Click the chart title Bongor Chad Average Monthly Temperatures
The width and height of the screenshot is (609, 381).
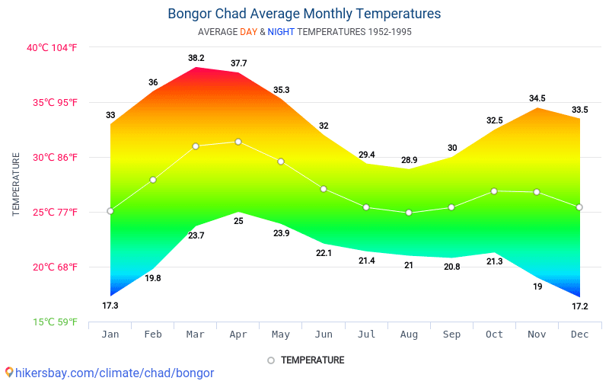tap(304, 14)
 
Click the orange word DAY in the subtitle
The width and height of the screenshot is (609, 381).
tap(248, 32)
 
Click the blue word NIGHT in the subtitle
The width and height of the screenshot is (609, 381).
tap(281, 32)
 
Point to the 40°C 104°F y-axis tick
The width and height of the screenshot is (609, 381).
tap(52, 47)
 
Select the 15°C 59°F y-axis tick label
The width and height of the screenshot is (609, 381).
tap(54, 322)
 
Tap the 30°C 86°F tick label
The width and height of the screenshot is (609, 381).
tap(52, 157)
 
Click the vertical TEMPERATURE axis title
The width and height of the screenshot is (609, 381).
tap(16, 184)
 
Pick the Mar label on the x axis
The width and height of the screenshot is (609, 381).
tap(196, 334)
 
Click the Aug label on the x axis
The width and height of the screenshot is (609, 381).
tap(409, 334)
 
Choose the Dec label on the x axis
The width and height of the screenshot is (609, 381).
tap(579, 334)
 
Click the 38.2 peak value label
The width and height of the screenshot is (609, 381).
tap(196, 58)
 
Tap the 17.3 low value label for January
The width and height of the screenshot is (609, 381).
tap(110, 306)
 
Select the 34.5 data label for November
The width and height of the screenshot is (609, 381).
tap(537, 98)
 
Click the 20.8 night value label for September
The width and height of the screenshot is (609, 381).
tap(451, 267)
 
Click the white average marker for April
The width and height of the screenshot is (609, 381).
tap(238, 142)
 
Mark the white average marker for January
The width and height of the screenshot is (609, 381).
tap(110, 211)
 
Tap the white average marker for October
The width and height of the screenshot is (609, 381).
tap(494, 191)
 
